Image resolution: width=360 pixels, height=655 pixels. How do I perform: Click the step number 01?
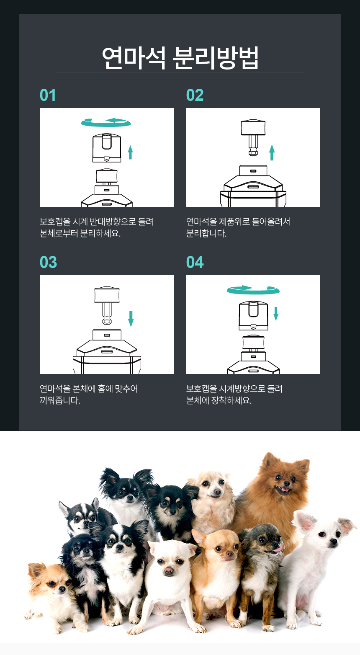[48, 95]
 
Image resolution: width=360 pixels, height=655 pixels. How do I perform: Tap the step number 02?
[195, 95]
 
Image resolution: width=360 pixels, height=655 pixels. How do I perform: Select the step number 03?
[48, 262]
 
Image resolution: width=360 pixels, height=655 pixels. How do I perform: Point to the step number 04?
[195, 262]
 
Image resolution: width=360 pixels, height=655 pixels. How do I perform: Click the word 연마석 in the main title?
[134, 58]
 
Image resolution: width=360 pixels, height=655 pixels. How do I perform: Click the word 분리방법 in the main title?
[216, 58]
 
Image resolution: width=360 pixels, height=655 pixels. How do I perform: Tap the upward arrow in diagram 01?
[130, 152]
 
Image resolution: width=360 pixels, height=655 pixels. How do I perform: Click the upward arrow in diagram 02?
[272, 152]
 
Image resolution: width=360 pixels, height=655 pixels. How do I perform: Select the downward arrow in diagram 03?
[131, 318]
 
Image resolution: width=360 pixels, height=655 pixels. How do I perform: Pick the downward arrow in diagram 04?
[276, 314]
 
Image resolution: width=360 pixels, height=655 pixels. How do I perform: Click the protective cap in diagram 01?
[107, 148]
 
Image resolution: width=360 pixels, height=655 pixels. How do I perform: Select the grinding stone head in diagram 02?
[253, 127]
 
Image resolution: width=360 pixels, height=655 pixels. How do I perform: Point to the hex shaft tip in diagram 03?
[107, 321]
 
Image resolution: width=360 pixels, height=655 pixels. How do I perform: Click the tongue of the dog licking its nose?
[278, 547]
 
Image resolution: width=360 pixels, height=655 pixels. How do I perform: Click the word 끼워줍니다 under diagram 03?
[60, 400]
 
